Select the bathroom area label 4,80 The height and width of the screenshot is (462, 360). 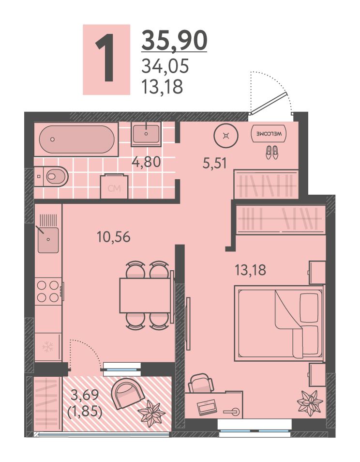(147, 162)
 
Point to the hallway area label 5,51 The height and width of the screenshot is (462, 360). (215, 163)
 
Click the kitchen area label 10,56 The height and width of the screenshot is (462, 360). (114, 237)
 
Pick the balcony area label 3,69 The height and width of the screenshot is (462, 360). (85, 395)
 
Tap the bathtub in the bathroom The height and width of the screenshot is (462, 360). (76, 139)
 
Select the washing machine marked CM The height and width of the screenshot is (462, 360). (115, 187)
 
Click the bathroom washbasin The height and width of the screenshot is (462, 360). (146, 134)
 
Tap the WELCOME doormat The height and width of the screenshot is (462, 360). (269, 134)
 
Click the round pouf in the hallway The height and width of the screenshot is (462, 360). (226, 135)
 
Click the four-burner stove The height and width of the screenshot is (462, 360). (48, 292)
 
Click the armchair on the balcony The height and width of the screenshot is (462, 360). (127, 394)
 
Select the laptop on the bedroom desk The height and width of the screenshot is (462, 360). (207, 407)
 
